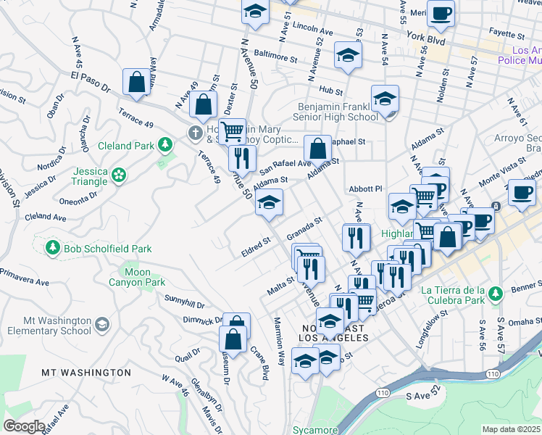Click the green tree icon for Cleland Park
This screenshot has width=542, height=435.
click(167, 145)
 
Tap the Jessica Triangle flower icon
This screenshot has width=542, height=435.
click(119, 174)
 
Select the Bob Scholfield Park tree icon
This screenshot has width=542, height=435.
click(52, 249)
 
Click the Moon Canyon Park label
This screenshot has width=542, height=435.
click(137, 277)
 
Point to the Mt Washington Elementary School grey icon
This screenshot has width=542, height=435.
click(102, 324)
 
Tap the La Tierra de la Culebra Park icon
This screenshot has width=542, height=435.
click(495, 294)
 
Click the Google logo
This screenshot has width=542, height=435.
click(24, 426)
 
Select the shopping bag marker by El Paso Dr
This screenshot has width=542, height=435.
click(136, 83)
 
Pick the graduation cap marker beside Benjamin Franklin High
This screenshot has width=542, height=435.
click(385, 99)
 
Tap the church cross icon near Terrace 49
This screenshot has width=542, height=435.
click(193, 133)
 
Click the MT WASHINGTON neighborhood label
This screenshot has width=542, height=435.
click(86, 373)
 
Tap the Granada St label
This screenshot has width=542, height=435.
click(304, 231)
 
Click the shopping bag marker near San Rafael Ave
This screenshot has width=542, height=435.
click(317, 149)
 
